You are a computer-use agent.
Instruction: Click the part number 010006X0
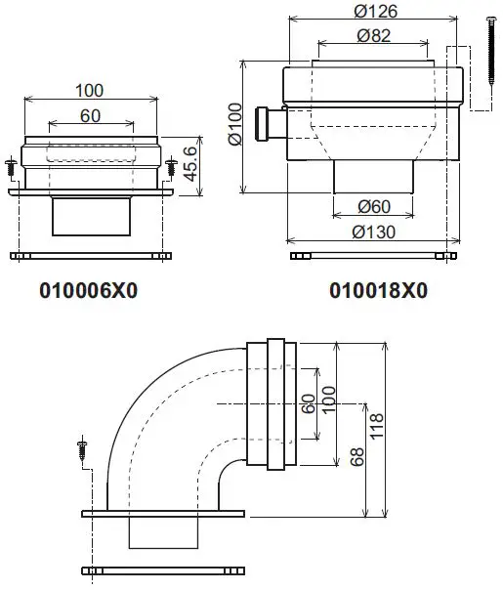pyautogui.click(x=88, y=291)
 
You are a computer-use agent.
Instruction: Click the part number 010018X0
pyautogui.click(x=378, y=291)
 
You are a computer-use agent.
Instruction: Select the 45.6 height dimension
pyautogui.click(x=193, y=162)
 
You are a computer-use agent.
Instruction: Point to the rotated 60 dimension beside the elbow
pyautogui.click(x=309, y=403)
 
